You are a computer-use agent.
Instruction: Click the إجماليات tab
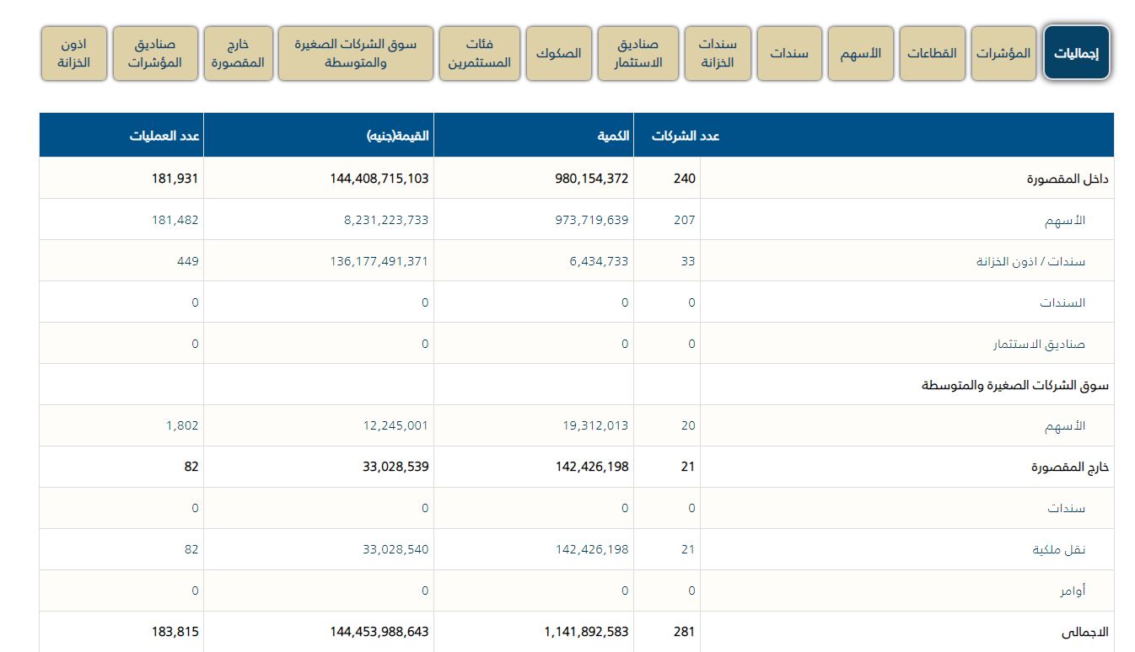[1077, 53]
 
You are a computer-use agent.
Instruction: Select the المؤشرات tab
[1003, 53]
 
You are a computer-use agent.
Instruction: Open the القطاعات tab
[932, 53]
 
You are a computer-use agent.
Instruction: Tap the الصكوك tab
[559, 53]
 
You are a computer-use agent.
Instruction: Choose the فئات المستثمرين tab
[479, 53]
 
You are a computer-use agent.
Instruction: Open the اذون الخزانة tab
[74, 53]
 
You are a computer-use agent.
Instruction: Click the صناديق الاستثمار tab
[637, 53]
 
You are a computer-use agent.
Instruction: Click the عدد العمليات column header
[164, 136]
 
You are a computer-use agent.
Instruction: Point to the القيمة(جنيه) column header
[397, 136]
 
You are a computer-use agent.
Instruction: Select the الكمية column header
[613, 136]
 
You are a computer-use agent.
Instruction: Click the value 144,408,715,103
[379, 179]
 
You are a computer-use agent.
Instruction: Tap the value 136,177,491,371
[379, 261]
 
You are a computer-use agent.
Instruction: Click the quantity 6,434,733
[599, 261]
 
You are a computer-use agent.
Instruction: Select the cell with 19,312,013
[595, 425]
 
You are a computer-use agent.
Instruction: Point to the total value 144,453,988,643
[379, 631]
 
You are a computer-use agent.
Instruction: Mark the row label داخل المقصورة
[1068, 179]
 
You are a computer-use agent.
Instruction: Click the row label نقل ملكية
[1059, 549]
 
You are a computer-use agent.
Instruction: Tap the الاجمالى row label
[1088, 631]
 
